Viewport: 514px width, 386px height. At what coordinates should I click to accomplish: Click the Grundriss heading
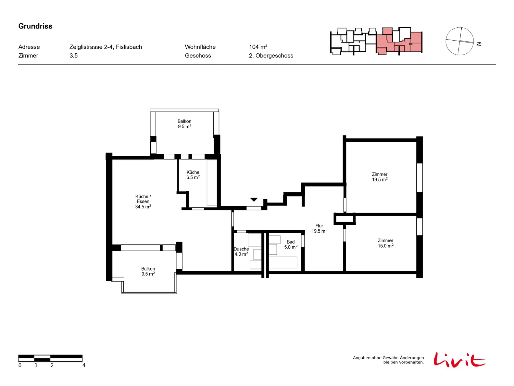point(35,26)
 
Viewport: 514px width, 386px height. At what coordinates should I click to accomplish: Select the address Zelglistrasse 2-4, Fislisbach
point(105,47)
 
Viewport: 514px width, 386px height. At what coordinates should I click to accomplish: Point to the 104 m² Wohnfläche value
point(258,47)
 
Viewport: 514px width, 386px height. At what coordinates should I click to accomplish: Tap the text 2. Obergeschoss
point(271,56)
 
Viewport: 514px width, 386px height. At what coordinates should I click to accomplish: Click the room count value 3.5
point(73,56)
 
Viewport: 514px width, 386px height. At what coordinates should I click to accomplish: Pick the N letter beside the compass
point(478,44)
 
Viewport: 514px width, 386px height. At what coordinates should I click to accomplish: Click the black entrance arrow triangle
point(253,199)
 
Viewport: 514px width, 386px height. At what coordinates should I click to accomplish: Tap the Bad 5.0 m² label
point(290,244)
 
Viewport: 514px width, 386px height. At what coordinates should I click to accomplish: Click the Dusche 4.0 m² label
point(241,251)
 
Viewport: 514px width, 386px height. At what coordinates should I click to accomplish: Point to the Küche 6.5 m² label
point(193,174)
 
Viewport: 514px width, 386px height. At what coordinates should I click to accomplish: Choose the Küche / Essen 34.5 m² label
point(143,201)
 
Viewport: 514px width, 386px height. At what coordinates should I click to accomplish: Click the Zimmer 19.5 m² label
point(379,177)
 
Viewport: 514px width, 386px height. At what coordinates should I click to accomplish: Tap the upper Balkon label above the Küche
point(184,124)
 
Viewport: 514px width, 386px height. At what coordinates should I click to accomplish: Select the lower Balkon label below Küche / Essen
point(148,271)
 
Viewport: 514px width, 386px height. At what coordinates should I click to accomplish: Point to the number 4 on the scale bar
point(84,365)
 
